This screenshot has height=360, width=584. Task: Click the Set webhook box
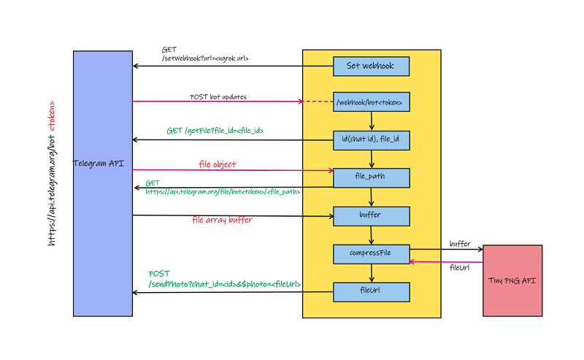coord(371,66)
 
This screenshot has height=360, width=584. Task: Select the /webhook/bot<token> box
coord(371,102)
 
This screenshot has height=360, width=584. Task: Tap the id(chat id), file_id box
coord(371,139)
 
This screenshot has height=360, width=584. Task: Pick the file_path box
coord(371,177)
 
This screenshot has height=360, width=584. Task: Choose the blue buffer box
coord(371,215)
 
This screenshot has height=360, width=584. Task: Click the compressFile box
coord(371,253)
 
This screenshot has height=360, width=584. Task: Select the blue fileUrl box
coord(371,291)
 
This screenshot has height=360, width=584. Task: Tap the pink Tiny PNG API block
coord(512,280)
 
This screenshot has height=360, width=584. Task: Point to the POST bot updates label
coord(218,96)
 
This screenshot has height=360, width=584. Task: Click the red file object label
coord(218,164)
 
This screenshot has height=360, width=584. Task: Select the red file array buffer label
coord(222,220)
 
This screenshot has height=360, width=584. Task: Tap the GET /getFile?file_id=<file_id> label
coord(215,131)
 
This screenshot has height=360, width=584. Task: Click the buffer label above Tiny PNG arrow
coord(459,244)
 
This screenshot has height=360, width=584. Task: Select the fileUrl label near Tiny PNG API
coord(459,268)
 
